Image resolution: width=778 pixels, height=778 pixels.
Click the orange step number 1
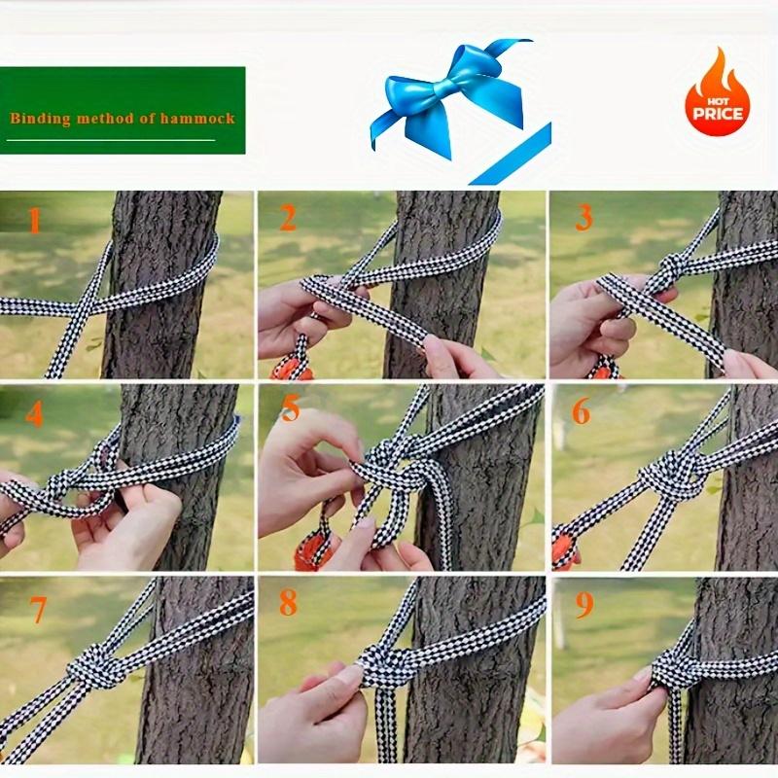click(x=34, y=221)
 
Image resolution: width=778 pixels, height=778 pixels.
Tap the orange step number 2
click(x=288, y=218)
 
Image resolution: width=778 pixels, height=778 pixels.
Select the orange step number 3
click(x=584, y=218)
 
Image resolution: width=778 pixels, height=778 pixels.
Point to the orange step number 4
click(x=34, y=414)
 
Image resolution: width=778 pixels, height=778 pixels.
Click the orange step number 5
click(x=291, y=408)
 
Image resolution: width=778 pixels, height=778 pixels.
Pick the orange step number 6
click(x=581, y=410)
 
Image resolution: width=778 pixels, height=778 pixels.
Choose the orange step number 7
click(x=38, y=610)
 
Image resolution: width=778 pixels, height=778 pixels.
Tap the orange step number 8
click(x=288, y=602)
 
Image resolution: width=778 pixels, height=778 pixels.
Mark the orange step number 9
click(x=584, y=605)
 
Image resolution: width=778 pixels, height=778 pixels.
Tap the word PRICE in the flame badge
click(x=718, y=114)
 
